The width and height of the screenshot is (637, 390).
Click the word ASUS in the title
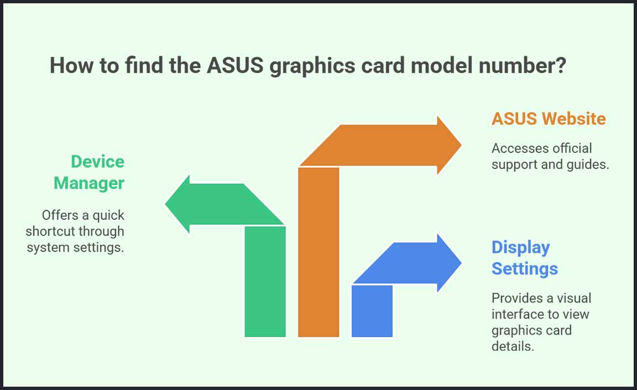point(235,65)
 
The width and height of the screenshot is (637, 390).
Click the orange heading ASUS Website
point(549,119)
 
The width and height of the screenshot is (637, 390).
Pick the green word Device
point(97,162)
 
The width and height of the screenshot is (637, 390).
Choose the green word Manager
point(89,183)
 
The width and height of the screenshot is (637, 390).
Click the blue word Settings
point(524,269)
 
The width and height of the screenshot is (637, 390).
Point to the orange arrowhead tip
point(462,145)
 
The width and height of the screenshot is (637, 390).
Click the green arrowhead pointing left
point(177,204)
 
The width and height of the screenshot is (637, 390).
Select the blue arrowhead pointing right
point(450,263)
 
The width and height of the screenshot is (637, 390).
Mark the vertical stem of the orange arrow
point(318,252)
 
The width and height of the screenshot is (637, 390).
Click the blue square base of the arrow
point(372,311)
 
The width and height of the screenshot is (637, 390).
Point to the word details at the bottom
point(513,346)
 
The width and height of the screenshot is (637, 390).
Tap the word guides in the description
point(586,165)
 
